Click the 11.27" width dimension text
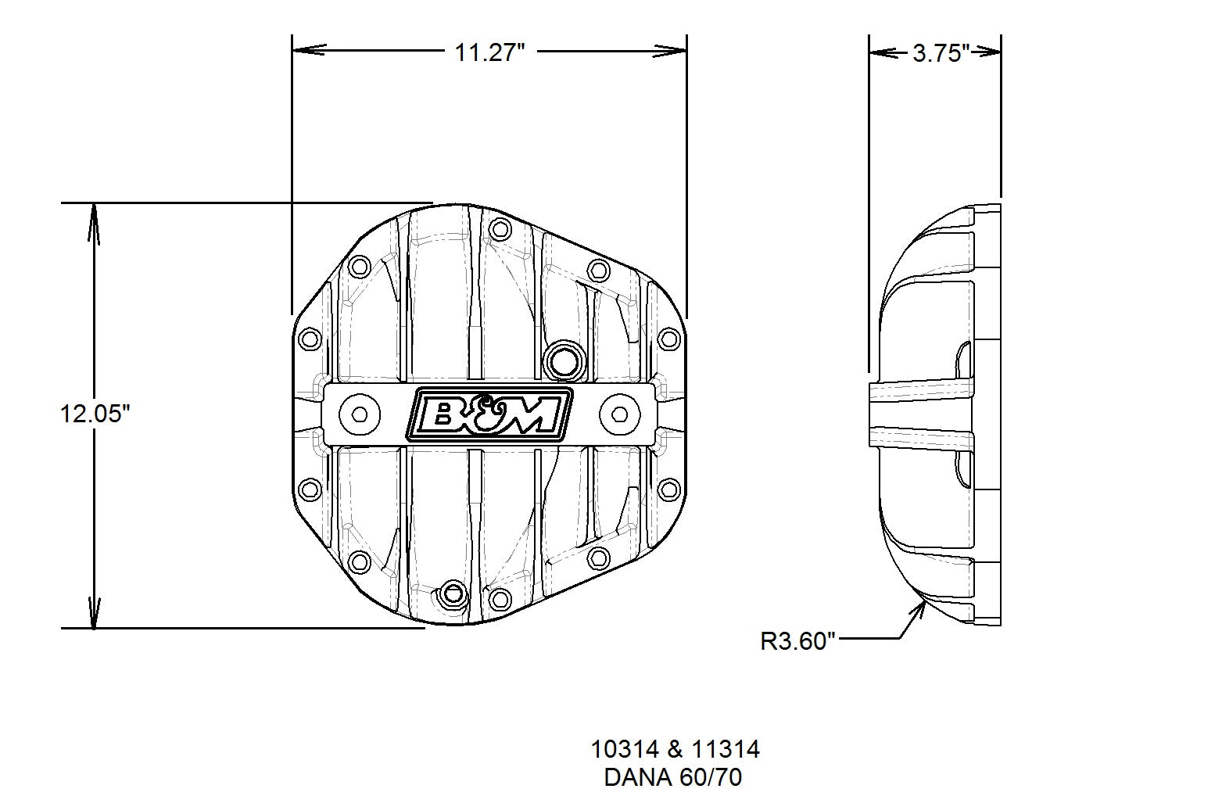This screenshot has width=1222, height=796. pyautogui.click(x=489, y=52)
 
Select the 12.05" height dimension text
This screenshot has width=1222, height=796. pyautogui.click(x=95, y=414)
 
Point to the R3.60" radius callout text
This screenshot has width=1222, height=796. pyautogui.click(x=797, y=642)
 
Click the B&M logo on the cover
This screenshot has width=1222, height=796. pyautogui.click(x=489, y=414)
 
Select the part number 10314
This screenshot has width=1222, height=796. pyautogui.click(x=625, y=750)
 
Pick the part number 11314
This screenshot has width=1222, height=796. pyautogui.click(x=726, y=750)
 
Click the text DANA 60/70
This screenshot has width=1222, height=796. pyautogui.click(x=672, y=777)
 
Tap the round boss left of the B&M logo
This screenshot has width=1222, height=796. pyautogui.click(x=360, y=414)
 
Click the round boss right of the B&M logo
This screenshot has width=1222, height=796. pyautogui.click(x=619, y=414)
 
